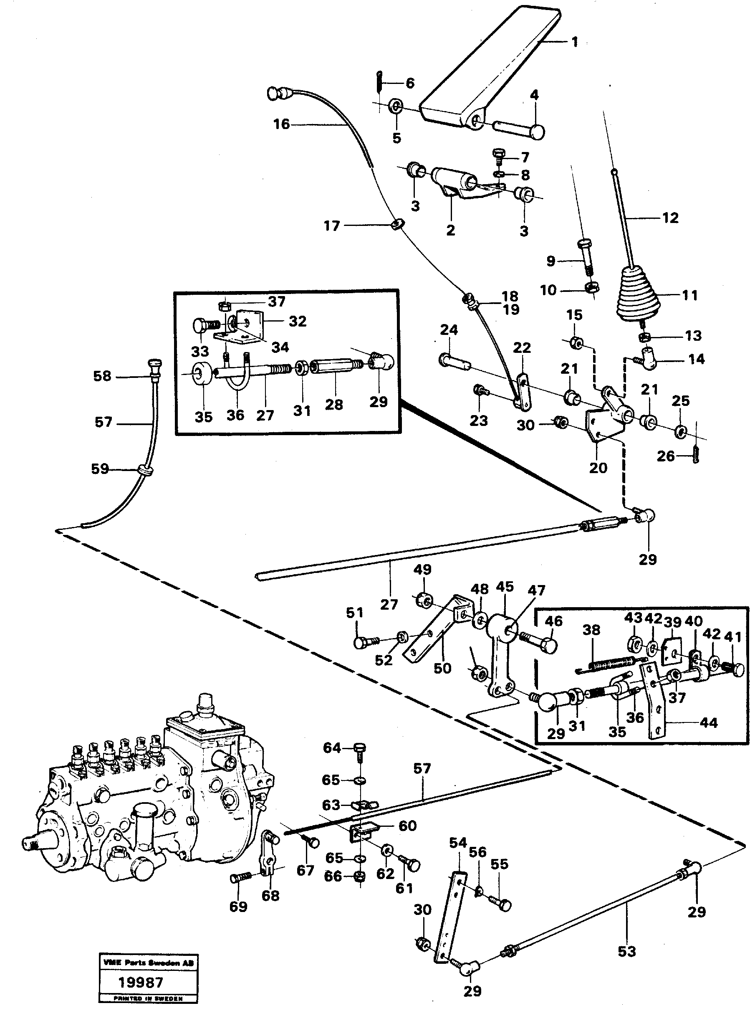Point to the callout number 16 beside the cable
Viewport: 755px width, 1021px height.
click(x=282, y=124)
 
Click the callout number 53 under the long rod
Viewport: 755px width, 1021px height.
click(x=626, y=952)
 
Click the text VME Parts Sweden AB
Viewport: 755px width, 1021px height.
click(x=149, y=963)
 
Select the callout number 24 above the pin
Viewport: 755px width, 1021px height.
click(x=449, y=329)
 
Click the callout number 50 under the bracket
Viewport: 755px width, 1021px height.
click(x=442, y=668)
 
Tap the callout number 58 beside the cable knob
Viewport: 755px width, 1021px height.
click(x=102, y=376)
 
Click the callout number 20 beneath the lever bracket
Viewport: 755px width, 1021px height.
click(x=598, y=468)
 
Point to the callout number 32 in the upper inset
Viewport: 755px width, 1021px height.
click(x=297, y=322)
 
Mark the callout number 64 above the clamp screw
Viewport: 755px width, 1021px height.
click(x=332, y=748)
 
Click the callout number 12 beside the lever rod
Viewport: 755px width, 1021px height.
click(x=670, y=218)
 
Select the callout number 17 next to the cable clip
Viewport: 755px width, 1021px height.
click(x=332, y=226)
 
